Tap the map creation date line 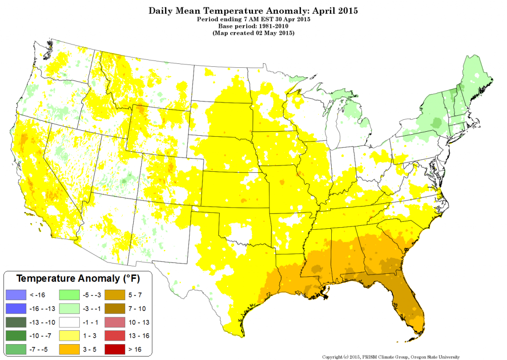[253, 33]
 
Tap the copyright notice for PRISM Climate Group [391, 356]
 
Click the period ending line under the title [253, 19]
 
